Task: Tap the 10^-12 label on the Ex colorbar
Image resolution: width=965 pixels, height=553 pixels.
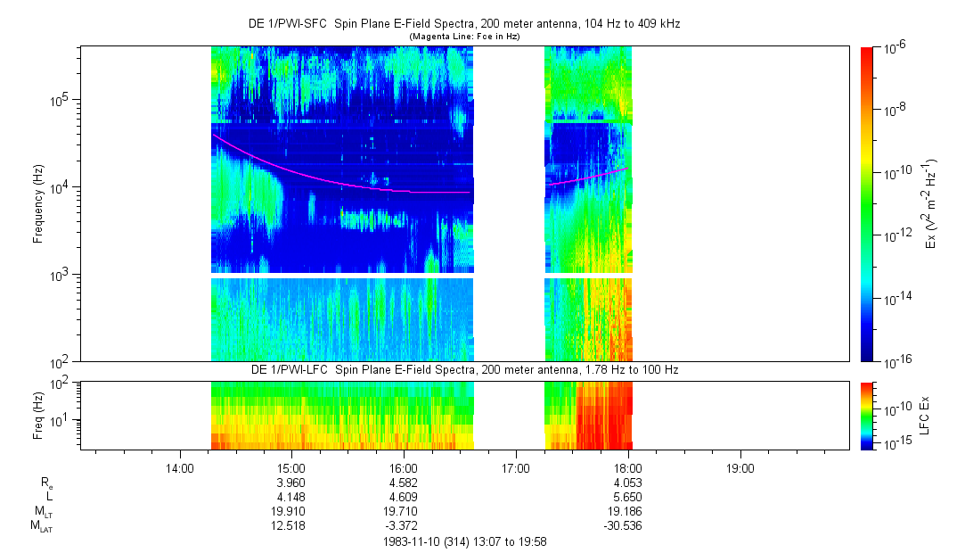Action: (897, 235)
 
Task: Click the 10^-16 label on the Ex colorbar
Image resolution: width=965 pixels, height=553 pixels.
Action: (897, 360)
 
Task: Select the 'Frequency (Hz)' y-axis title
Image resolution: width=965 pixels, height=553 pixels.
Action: (38, 203)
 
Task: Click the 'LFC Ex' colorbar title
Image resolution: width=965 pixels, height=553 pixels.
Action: (927, 416)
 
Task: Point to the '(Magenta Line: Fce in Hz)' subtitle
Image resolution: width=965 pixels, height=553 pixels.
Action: (463, 37)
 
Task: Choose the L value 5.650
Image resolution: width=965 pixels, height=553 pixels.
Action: (628, 496)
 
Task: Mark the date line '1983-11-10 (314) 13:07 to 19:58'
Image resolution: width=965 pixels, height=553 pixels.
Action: (464, 541)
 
